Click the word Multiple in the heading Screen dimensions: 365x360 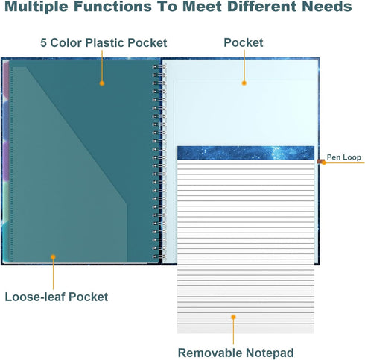(x=36, y=6)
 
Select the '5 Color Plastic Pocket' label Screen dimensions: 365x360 (x=104, y=42)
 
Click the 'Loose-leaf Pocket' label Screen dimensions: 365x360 (x=57, y=297)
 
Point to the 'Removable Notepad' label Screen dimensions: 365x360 (x=235, y=353)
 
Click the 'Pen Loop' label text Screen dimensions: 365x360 (x=344, y=157)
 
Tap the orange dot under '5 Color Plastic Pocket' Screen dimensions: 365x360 (x=102, y=83)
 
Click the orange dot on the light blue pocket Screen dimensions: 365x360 (x=244, y=83)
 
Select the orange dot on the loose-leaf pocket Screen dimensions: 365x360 (x=53, y=257)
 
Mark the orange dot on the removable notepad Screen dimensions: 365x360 (x=233, y=317)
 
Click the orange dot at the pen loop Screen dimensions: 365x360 (x=323, y=162)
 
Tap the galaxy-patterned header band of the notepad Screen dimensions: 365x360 (x=246, y=153)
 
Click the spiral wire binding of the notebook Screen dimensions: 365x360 (x=159, y=162)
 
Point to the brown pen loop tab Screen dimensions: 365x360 (x=320, y=162)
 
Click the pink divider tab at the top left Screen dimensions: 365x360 (x=6, y=80)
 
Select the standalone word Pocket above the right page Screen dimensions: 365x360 (x=244, y=42)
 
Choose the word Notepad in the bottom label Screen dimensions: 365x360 (x=270, y=353)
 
